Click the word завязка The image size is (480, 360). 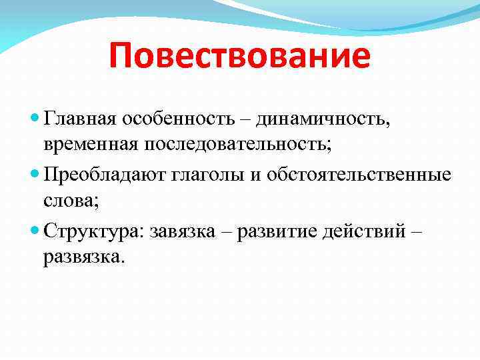pyautogui.click(x=186, y=231)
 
